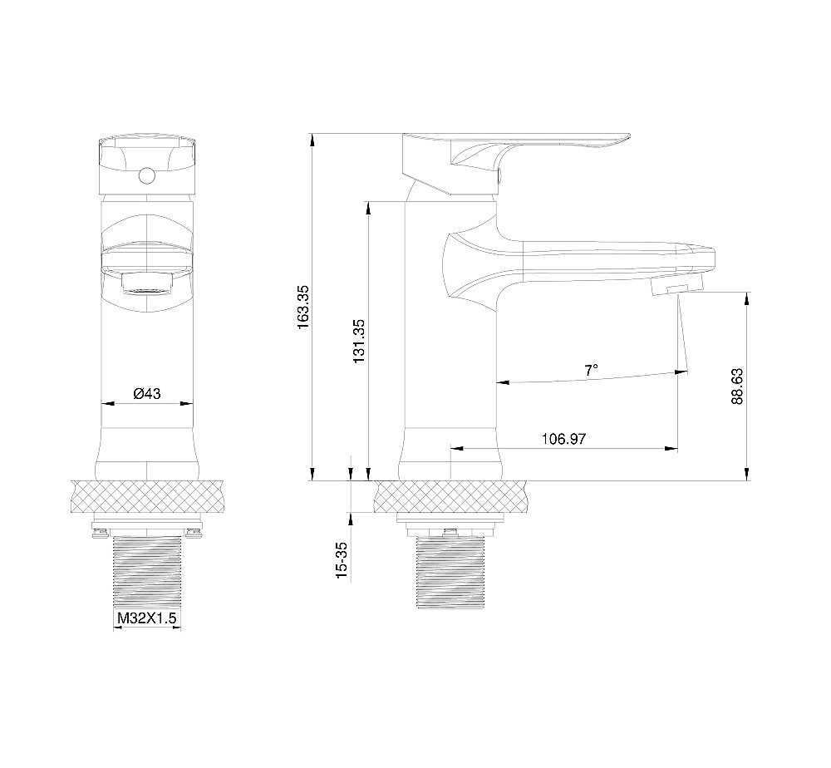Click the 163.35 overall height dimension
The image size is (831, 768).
pos(303,308)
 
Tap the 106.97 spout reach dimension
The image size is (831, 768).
pos(563,438)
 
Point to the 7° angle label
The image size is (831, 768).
pos(591,370)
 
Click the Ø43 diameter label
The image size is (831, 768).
pos(146,394)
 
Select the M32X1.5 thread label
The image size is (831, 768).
pos(147,618)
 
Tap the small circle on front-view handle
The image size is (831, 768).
pos(147,175)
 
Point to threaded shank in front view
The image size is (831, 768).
pos(147,574)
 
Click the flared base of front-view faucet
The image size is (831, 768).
pos(147,453)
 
